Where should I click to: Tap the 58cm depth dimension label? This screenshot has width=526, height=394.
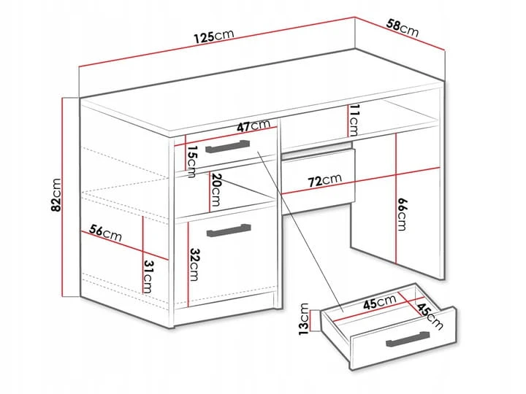tap(403, 28)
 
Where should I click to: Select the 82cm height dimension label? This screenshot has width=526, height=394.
tap(56, 196)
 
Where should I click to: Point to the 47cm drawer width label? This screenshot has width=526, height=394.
tap(254, 125)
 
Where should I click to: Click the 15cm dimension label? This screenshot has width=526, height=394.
tap(192, 161)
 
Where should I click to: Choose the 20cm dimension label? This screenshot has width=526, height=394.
tap(216, 190)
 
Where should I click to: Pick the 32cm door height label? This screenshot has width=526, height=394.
tap(194, 265)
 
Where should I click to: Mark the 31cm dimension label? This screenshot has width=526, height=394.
tap(148, 277)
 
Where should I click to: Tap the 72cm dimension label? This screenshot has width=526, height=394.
tap(324, 180)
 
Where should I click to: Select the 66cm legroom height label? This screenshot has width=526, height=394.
tap(402, 214)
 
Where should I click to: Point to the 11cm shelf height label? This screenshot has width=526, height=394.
tap(354, 120)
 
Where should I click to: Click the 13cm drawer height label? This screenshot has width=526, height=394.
tap(304, 320)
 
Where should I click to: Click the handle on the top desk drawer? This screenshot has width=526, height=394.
tap(228, 147)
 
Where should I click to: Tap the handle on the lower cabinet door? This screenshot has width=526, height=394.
tap(229, 231)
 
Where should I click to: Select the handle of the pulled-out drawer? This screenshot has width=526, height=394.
tap(408, 339)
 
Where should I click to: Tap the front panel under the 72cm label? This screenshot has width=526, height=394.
tap(318, 177)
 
